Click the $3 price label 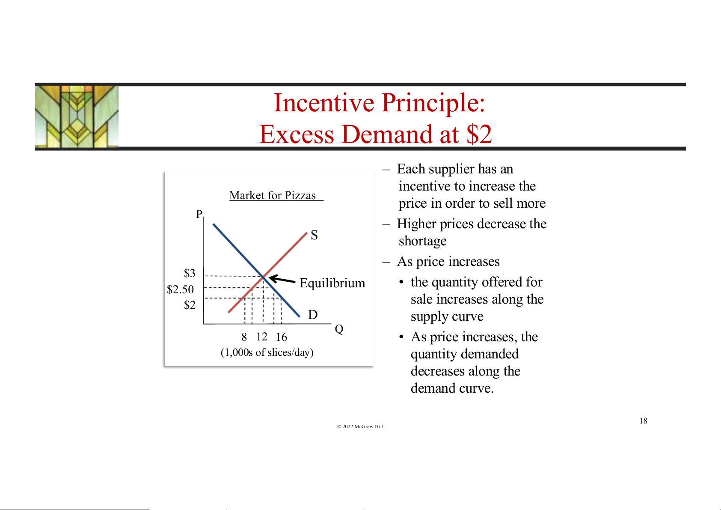click(x=190, y=273)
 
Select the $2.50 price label click(x=180, y=289)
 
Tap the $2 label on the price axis click(x=190, y=305)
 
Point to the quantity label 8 click(x=244, y=337)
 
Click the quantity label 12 click(x=262, y=337)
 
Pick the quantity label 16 click(x=281, y=337)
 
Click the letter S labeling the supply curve click(x=315, y=235)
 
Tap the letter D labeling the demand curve click(x=313, y=314)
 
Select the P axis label click(x=199, y=214)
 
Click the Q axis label click(x=339, y=329)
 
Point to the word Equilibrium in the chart click(x=332, y=283)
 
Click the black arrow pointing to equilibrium click(x=282, y=279)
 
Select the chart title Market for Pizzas click(x=273, y=195)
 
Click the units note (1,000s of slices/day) click(x=267, y=352)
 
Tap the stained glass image click(x=77, y=116)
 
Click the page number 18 click(x=644, y=421)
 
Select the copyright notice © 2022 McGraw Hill click(x=361, y=426)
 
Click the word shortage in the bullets click(x=423, y=241)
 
